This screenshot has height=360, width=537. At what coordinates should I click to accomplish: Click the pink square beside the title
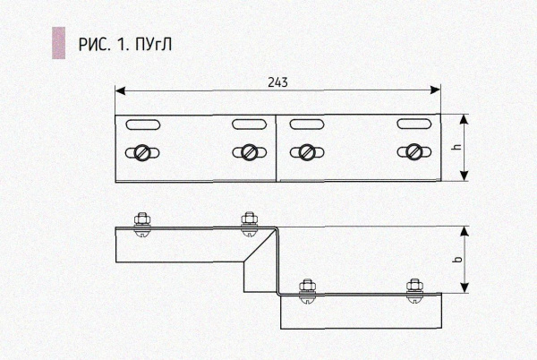pyautogui.click(x=58, y=43)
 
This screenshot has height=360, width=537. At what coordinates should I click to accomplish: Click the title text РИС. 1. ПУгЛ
pyautogui.click(x=125, y=45)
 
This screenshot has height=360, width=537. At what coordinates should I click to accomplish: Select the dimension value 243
pyautogui.click(x=277, y=82)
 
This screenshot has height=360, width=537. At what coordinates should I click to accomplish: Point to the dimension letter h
pyautogui.click(x=457, y=147)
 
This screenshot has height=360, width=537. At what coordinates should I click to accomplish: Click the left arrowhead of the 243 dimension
pyautogui.click(x=120, y=90)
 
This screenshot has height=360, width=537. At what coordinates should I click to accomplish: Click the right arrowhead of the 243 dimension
pyautogui.click(x=435, y=90)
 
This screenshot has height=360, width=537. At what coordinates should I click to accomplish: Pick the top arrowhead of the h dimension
pyautogui.click(x=464, y=119)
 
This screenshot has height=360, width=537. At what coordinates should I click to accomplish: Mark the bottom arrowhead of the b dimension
pyautogui.click(x=464, y=287)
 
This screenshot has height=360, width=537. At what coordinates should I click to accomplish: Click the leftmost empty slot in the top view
pyautogui.click(x=143, y=124)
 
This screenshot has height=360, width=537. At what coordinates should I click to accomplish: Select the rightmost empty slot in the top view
pyautogui.click(x=414, y=124)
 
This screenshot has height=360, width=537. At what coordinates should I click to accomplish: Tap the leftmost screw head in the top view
pyautogui.click(x=142, y=153)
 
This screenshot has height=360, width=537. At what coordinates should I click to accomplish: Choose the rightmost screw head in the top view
pyautogui.click(x=414, y=152)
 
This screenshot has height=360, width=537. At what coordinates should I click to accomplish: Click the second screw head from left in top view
pyautogui.click(x=249, y=152)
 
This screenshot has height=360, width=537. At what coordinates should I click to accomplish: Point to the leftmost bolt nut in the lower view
pyautogui.click(x=142, y=219)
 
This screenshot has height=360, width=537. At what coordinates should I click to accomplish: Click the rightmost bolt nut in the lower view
pyautogui.click(x=414, y=286)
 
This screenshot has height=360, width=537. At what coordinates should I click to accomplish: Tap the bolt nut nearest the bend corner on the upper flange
pyautogui.click(x=249, y=219)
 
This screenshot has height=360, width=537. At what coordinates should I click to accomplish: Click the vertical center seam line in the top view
pyautogui.click(x=276, y=148)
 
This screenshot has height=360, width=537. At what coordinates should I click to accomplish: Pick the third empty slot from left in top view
pyautogui.click(x=306, y=124)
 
